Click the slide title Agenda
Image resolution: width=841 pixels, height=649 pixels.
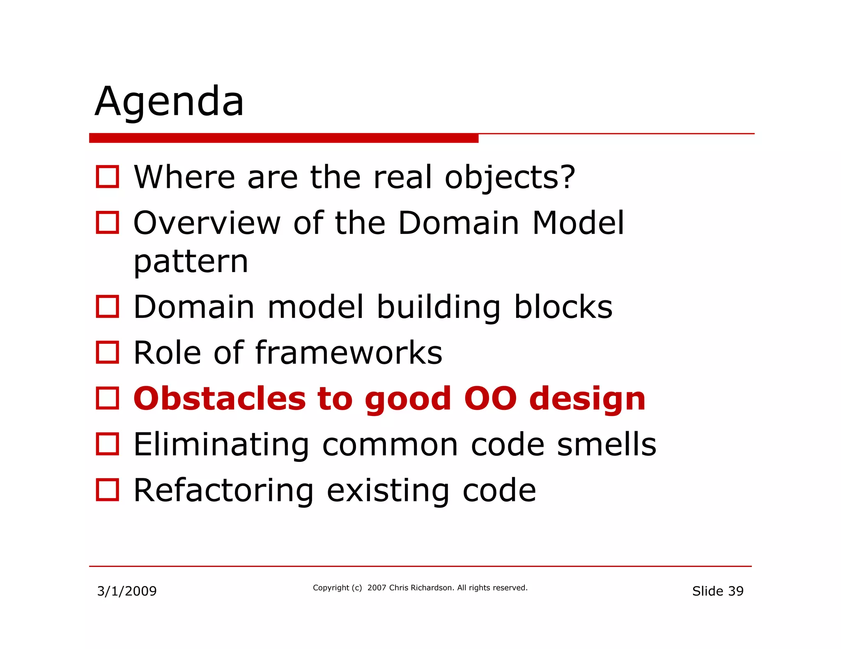[x=169, y=102]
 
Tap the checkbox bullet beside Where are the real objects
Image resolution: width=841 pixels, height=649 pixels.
[x=108, y=177]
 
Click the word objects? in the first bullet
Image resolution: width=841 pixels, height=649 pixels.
[x=510, y=178]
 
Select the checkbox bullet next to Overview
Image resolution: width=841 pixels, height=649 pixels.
[x=108, y=223]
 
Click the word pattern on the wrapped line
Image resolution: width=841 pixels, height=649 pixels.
[x=191, y=262]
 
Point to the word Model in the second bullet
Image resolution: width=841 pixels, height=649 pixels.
[x=578, y=223]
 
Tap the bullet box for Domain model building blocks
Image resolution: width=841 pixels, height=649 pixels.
[x=108, y=306]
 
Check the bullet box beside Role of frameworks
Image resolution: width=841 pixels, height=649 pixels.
[x=108, y=352]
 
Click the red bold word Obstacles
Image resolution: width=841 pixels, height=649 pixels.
[x=220, y=399]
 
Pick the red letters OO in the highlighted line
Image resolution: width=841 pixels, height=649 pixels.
[x=490, y=399]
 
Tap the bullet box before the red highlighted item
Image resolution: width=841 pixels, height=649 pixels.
[x=108, y=398]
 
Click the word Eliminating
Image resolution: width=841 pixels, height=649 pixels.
[x=221, y=445]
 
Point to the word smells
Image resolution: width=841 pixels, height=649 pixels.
[x=607, y=445]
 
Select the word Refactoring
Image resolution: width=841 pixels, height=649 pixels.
[x=224, y=491]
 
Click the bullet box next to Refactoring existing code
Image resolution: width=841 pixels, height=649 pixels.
[x=108, y=490]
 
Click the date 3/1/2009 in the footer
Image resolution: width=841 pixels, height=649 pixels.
[x=127, y=591]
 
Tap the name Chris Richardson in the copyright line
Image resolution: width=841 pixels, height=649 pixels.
[x=421, y=588]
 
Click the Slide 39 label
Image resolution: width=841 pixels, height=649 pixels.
[x=717, y=591]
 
